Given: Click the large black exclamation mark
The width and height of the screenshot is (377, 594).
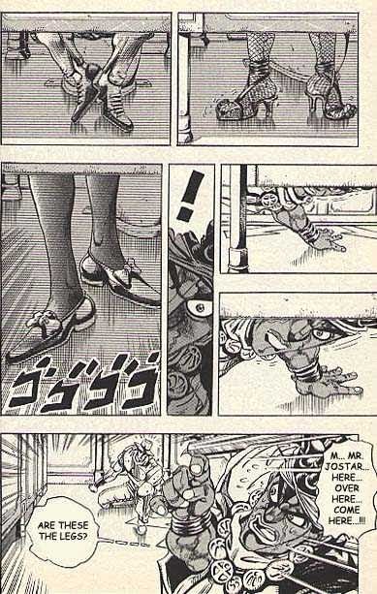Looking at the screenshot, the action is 190,196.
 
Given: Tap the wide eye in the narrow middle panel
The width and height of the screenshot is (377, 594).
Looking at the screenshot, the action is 198,307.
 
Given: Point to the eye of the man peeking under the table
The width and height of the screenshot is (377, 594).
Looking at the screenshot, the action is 318,334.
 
